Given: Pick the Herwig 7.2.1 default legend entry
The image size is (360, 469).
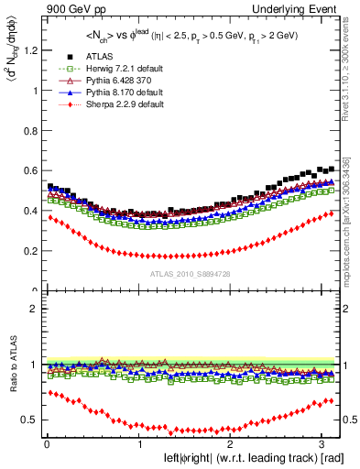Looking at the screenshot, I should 111,69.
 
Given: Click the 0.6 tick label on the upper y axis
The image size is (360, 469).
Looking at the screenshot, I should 27,170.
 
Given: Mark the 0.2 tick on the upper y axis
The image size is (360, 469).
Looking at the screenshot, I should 27,251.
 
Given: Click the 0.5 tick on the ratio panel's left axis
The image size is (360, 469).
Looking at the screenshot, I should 27,420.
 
